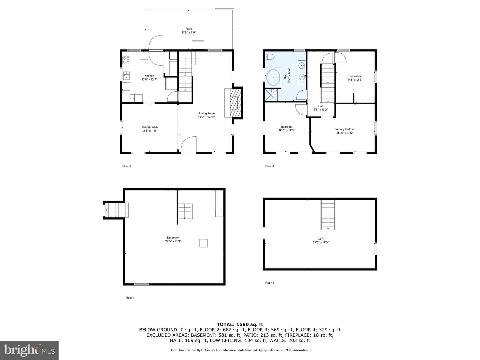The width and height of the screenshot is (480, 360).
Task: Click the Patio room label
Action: point(189,29)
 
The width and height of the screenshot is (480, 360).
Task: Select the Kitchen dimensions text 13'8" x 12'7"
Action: point(149,80)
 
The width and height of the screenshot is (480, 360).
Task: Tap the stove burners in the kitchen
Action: point(126,60)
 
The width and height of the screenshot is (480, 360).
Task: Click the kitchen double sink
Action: point(126,76)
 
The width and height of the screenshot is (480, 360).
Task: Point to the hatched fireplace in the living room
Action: point(236,103)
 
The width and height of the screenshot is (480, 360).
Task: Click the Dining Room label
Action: point(150,127)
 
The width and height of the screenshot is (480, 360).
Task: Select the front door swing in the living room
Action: point(189,144)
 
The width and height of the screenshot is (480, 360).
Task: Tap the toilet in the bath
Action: point(270,57)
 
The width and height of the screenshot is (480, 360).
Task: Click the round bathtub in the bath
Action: point(273,78)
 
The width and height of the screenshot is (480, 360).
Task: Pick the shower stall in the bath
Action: point(271,95)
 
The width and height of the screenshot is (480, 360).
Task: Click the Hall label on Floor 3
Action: point(321,106)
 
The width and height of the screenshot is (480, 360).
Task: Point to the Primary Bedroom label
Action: point(345,129)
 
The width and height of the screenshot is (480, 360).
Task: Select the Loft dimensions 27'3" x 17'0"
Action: point(321,242)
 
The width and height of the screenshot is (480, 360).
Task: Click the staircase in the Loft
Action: point(328,215)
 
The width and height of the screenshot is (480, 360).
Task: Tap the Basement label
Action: point(173,238)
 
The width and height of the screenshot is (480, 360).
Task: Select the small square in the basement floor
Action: point(203,243)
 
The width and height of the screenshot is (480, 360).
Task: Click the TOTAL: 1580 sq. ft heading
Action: point(240,324)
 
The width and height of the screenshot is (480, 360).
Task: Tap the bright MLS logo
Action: point(29,350)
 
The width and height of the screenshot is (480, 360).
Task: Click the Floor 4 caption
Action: point(269,283)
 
